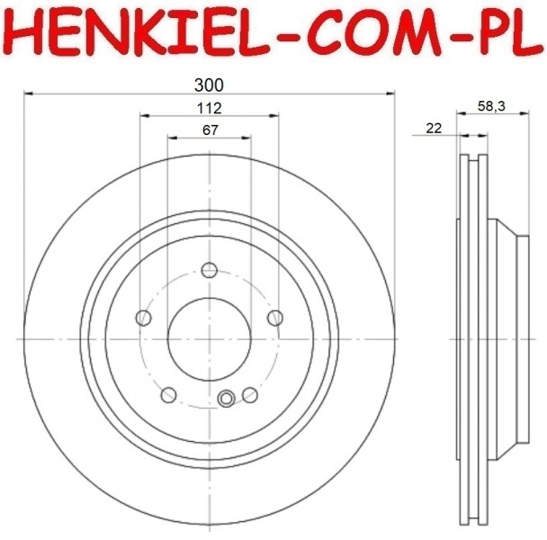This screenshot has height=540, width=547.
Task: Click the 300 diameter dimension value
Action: pos(209,85)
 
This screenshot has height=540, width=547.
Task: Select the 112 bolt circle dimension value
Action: pos(209,109)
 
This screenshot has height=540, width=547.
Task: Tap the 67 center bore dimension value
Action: pos(210,130)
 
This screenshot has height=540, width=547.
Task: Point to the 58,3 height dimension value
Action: pos(491,106)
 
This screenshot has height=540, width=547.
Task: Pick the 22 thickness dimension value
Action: pos(434,128)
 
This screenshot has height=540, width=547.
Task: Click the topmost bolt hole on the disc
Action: pos(210,270)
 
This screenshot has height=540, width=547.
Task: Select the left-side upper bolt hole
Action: pos(143,318)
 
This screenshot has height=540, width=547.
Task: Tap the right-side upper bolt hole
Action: pos(275,318)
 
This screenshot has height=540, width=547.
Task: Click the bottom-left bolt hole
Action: pos(168,395)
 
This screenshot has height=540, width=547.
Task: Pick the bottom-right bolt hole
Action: pos(250,395)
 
